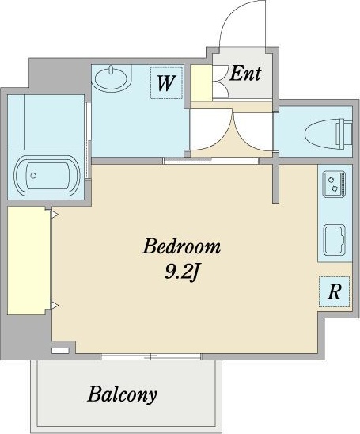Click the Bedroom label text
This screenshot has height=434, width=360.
182,246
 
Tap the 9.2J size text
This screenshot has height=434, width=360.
182,271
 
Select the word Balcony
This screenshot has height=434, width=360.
122,395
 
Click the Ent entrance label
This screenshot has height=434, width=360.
245,74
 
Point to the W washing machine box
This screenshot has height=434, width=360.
166,82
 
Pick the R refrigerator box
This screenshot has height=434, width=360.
334,291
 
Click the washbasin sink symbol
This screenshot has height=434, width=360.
112,78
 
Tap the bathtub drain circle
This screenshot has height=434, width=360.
33,176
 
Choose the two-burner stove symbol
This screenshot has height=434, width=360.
334,184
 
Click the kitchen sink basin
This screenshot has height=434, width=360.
335,240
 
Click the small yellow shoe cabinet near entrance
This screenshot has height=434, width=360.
201,83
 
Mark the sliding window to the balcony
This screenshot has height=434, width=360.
150,356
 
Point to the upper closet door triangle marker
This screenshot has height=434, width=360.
55,215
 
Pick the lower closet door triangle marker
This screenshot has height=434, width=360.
55,305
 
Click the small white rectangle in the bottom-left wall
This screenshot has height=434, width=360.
60,351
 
